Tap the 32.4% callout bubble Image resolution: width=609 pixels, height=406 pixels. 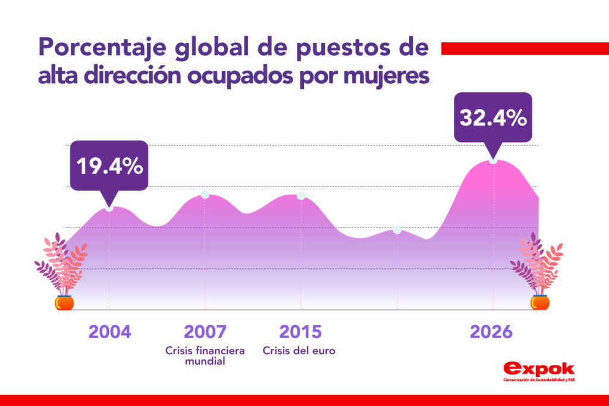click(x=493, y=117)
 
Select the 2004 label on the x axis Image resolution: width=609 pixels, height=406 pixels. click(x=109, y=332)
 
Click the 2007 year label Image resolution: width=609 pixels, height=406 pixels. click(x=205, y=332)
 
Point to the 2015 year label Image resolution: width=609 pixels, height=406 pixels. click(x=300, y=332)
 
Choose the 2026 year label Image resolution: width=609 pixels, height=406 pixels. click(x=491, y=332)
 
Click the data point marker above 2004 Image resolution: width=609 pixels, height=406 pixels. click(x=109, y=207)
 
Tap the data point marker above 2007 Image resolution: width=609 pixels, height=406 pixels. click(x=205, y=195)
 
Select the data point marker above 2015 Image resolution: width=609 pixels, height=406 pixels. click(x=301, y=196)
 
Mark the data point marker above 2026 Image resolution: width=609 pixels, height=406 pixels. click(x=493, y=160)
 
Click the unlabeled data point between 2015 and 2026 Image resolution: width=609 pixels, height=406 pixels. click(x=397, y=230)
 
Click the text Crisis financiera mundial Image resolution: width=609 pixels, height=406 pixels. click(x=205, y=356)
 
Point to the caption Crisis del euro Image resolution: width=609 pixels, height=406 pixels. click(x=299, y=351)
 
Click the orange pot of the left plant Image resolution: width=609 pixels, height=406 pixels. click(x=64, y=302)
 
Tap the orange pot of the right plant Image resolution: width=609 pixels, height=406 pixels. click(x=540, y=302)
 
